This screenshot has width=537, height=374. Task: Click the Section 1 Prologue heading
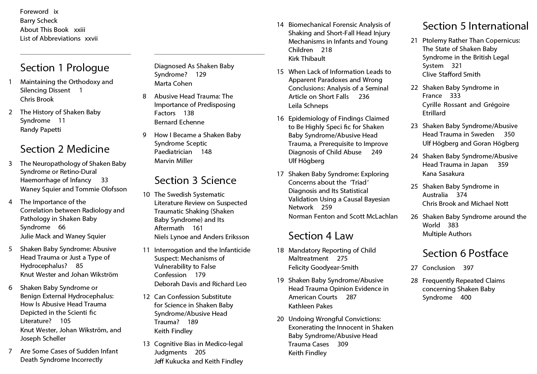(65, 68)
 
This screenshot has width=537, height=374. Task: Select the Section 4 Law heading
(321, 236)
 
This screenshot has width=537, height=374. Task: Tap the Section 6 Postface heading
(465, 253)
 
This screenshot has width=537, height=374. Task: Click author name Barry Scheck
(39, 21)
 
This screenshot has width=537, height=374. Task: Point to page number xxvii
(91, 39)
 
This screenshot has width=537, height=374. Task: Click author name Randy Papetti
(40, 130)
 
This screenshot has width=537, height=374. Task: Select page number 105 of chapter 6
(65, 321)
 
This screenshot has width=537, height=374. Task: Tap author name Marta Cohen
(173, 84)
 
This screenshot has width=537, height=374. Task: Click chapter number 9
(144, 135)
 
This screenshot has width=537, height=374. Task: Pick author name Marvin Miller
(173, 161)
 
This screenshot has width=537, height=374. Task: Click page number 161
(198, 228)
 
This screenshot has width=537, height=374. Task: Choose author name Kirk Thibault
(307, 59)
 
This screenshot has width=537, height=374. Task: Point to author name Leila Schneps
(308, 106)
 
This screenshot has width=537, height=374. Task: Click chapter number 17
(280, 174)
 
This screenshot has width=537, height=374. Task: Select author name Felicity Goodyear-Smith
(323, 268)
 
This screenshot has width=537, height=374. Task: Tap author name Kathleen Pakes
(310, 306)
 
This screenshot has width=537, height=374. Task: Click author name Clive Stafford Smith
(451, 75)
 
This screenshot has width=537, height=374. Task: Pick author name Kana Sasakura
(443, 174)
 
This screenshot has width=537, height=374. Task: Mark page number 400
(466, 298)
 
